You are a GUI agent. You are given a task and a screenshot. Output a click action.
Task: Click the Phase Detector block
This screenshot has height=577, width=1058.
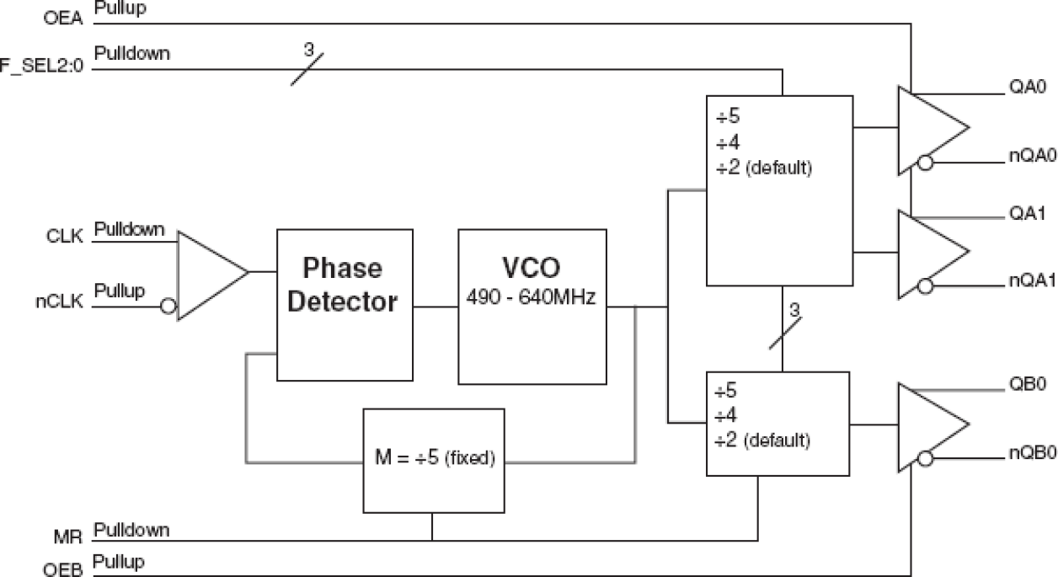345,305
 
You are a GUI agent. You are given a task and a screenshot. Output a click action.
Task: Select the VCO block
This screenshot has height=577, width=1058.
532,305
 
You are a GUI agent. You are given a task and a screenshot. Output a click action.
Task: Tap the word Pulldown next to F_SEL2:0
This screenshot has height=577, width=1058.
132,54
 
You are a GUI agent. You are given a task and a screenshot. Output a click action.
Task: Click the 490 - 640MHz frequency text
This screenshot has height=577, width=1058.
532,299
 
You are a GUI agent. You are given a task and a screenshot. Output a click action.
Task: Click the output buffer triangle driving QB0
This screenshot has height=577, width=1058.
931,421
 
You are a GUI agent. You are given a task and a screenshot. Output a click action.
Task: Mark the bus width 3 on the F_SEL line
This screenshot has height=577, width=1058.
308,50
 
